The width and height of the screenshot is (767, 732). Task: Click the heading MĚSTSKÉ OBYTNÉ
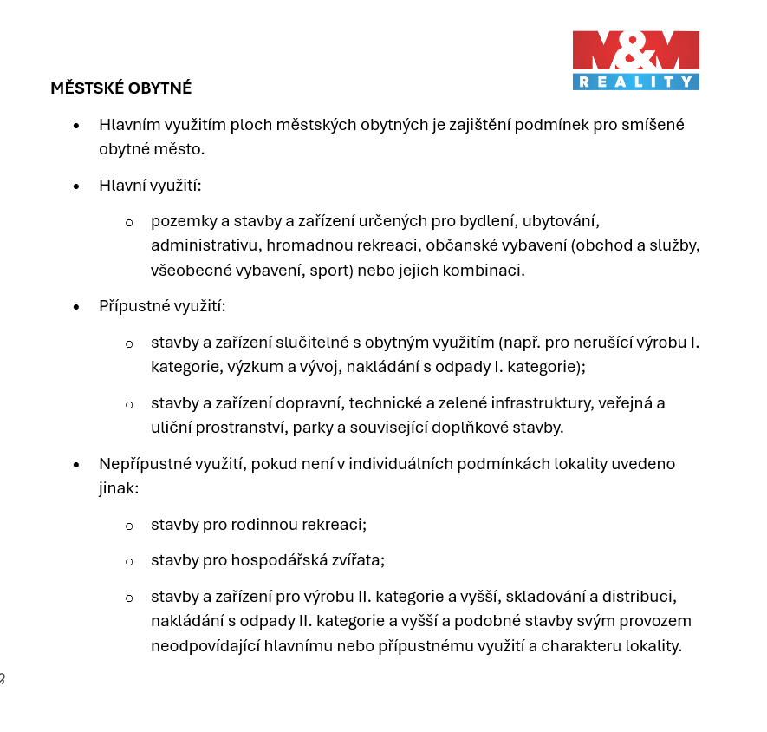click(121, 88)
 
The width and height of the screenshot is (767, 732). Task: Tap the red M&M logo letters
click(636, 52)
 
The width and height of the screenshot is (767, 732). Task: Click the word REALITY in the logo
click(636, 82)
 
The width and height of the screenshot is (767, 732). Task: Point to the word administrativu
click(200, 245)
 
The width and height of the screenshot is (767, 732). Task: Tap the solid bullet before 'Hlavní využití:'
click(76, 186)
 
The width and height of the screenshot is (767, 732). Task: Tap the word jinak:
click(119, 488)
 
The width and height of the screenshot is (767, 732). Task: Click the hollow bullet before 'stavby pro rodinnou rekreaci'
click(129, 526)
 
